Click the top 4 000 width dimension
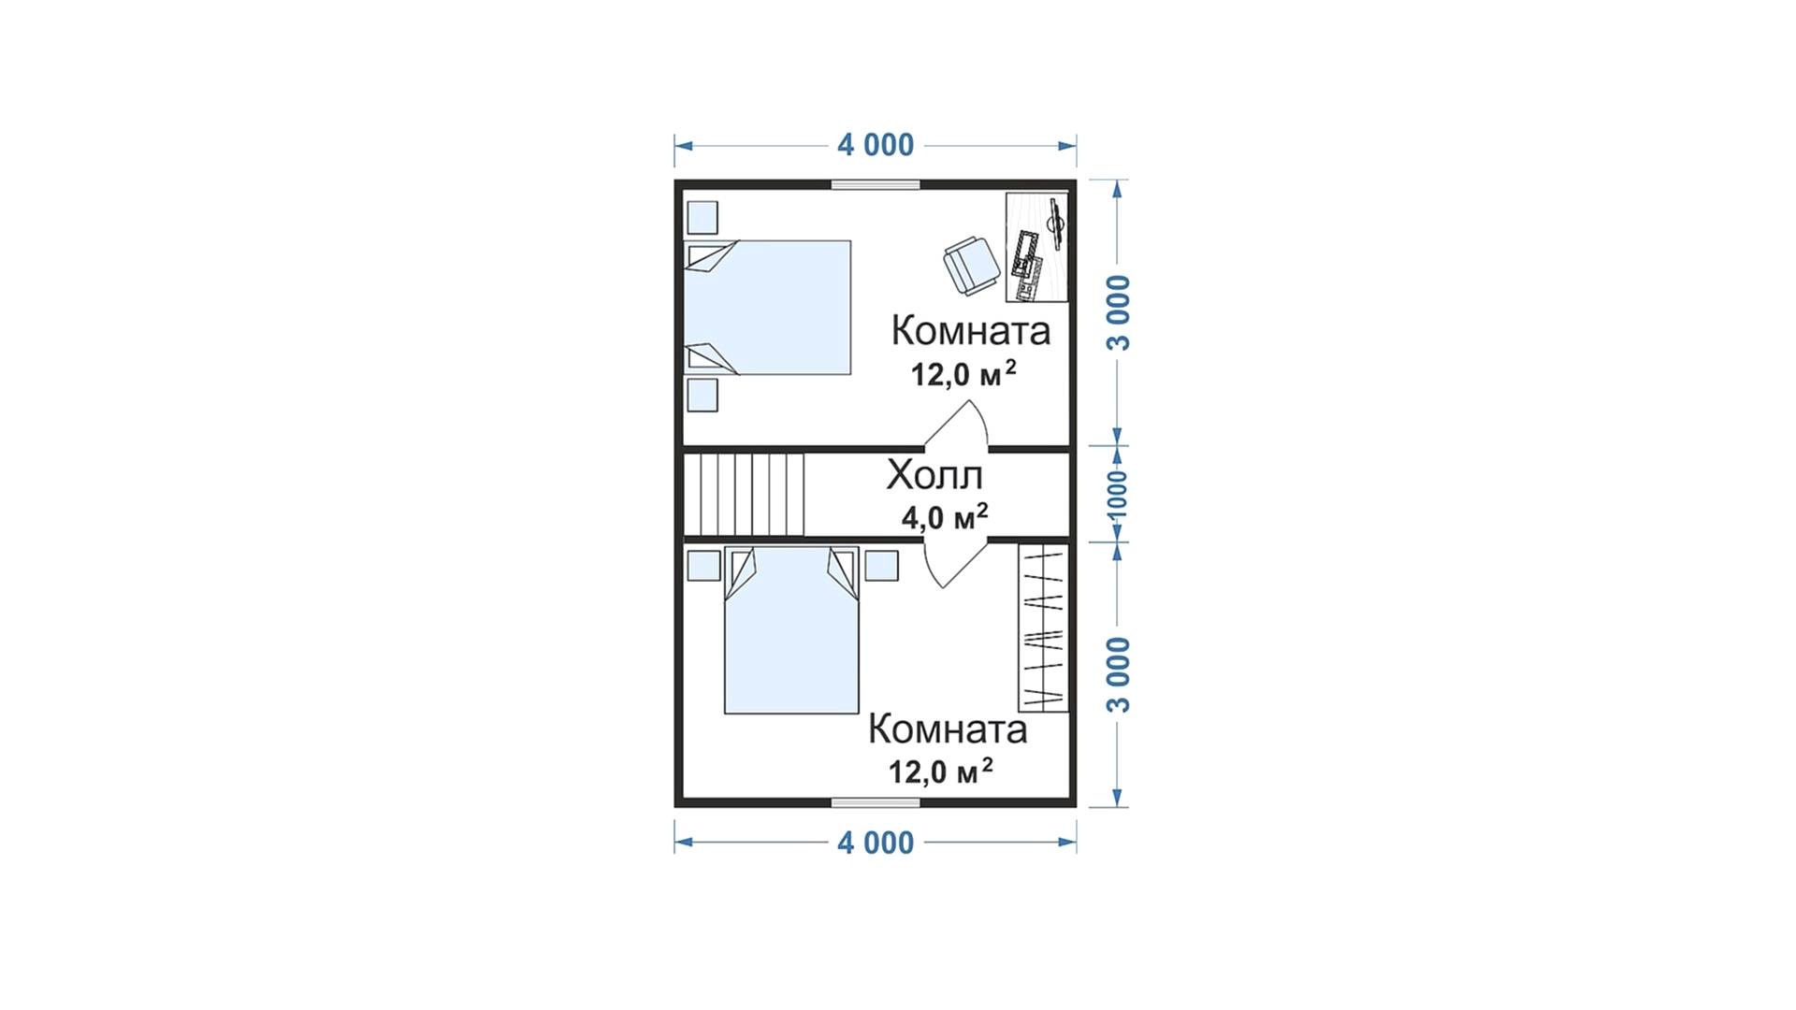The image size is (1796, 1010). (x=876, y=145)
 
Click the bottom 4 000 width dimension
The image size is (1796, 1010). (x=876, y=843)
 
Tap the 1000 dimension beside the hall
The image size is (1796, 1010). (x=1117, y=494)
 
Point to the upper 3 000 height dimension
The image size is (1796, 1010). (x=1119, y=313)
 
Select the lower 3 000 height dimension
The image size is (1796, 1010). (x=1119, y=674)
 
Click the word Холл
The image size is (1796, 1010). (x=934, y=475)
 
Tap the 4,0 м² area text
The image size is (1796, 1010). (x=945, y=516)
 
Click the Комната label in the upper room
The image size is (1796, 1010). (x=971, y=330)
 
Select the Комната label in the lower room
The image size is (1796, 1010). (x=948, y=729)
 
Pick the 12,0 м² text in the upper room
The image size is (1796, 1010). (x=963, y=374)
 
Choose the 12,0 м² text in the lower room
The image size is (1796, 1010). (x=940, y=772)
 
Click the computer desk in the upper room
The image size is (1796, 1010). (x=1037, y=248)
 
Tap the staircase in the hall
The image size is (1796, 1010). (x=744, y=494)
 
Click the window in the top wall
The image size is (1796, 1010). (x=876, y=184)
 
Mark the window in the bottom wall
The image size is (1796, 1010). (x=876, y=801)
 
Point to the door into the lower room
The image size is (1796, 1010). (x=956, y=562)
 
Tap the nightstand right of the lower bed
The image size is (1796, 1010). (x=881, y=565)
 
